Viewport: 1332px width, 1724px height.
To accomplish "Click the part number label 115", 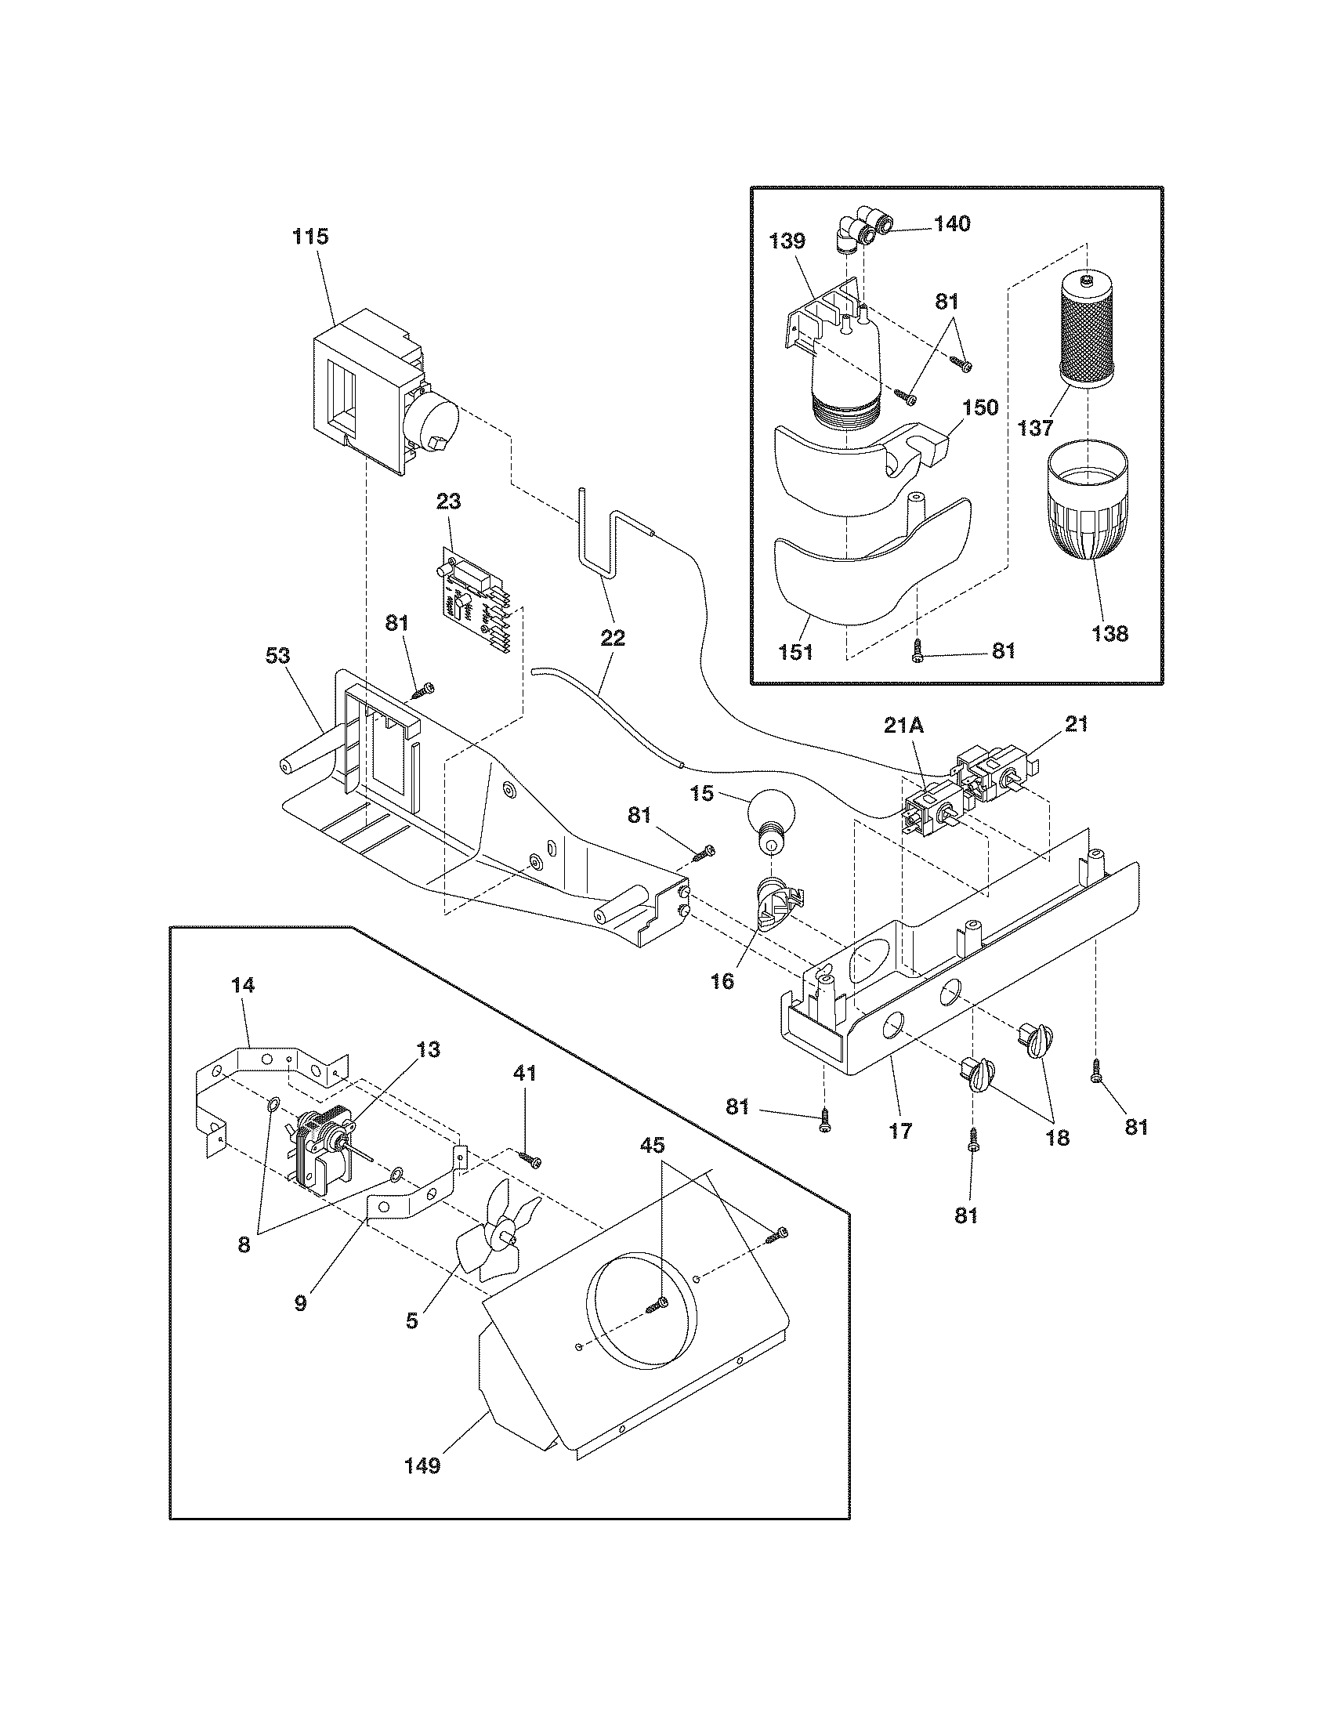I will click(310, 237).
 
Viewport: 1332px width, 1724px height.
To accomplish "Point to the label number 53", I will click(278, 656).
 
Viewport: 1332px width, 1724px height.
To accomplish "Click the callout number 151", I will click(795, 653).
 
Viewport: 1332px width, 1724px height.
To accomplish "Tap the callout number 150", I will click(981, 407).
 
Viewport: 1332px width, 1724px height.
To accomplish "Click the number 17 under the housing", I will click(900, 1130).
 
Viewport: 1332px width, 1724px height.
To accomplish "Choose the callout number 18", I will click(1058, 1138).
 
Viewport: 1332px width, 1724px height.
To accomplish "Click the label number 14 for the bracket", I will click(244, 986).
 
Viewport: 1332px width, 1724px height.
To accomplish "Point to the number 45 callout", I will click(653, 1145).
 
